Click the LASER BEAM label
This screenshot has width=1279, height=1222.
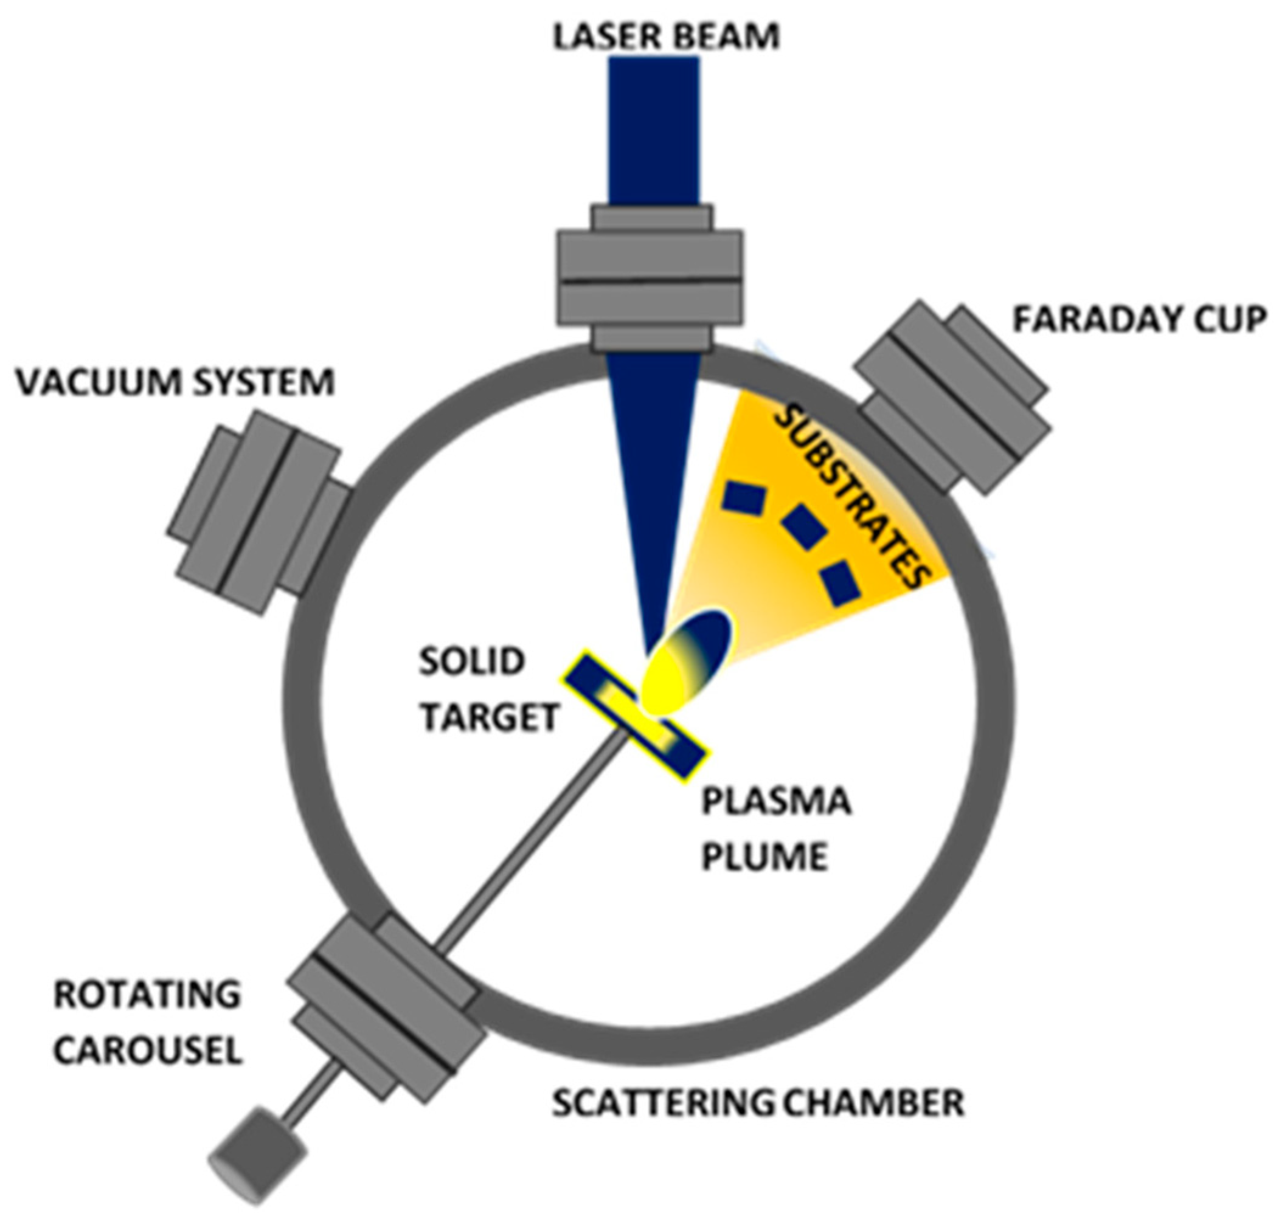coord(665,37)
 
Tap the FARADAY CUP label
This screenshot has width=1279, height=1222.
coord(1139,320)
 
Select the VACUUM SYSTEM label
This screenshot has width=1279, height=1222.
coord(175,382)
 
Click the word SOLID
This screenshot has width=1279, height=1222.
coord(472,662)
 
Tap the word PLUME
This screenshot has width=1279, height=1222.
coord(764,857)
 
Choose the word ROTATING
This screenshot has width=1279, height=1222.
coord(147,995)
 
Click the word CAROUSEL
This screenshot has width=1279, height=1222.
coord(148,1051)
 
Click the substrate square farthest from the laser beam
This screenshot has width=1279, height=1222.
coord(840,583)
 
